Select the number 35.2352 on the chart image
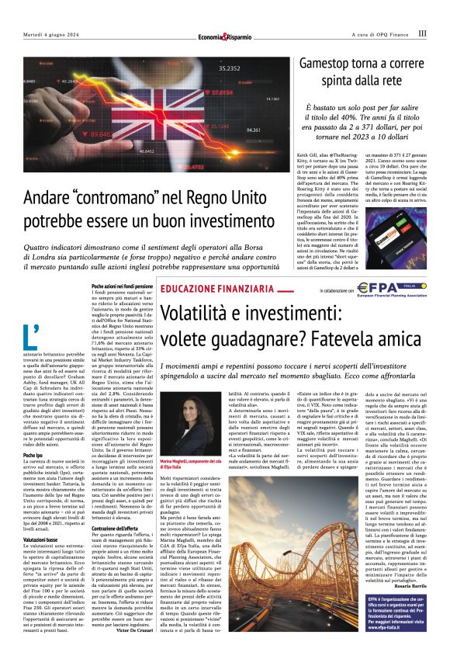pos(230,68)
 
